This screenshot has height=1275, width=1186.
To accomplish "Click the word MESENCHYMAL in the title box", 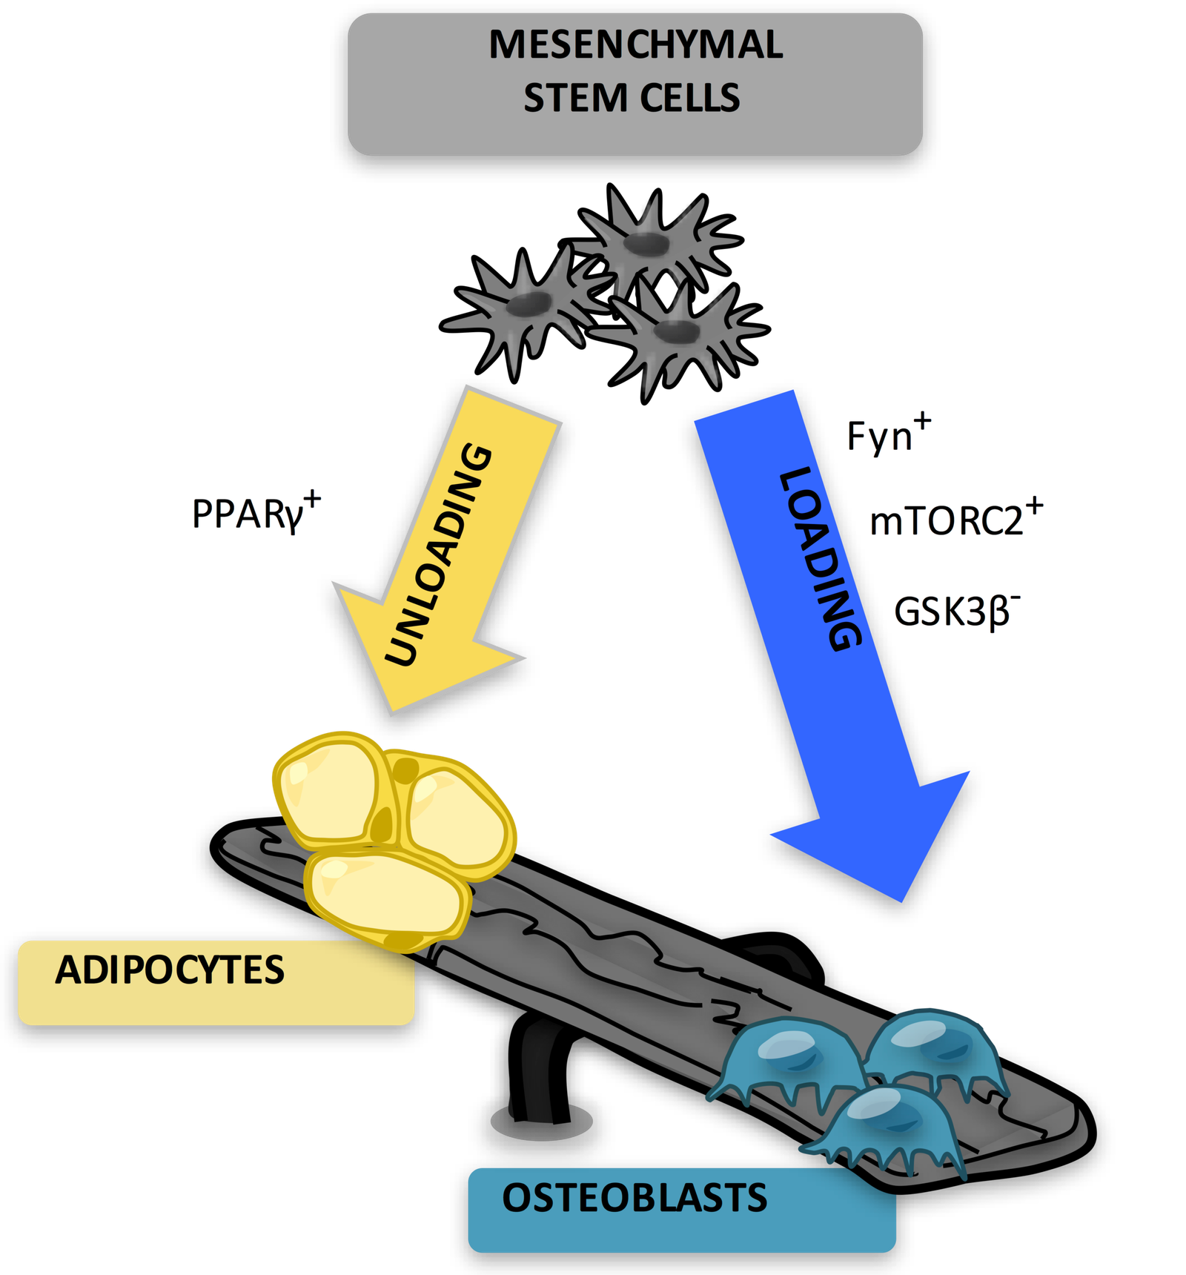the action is click(x=635, y=44).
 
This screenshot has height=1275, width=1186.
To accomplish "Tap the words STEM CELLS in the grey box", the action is click(x=632, y=98).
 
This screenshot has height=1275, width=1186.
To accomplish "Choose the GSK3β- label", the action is click(x=957, y=611).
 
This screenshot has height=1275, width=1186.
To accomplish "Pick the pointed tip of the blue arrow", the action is click(x=901, y=901).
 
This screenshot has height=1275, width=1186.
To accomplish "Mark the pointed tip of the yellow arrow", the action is click(x=394, y=712).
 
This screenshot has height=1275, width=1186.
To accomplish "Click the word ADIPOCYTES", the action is click(x=170, y=970).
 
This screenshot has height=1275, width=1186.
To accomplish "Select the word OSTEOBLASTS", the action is click(x=635, y=1198).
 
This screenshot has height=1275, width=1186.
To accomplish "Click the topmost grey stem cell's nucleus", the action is click(x=646, y=242).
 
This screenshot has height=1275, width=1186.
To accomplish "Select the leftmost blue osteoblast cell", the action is click(x=788, y=1060).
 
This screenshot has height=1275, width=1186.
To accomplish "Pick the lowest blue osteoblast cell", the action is click(x=886, y=1129).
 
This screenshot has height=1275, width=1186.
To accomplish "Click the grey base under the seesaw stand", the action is click(x=542, y=1122).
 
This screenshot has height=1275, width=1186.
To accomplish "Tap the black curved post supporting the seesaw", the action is click(x=540, y=1067).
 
